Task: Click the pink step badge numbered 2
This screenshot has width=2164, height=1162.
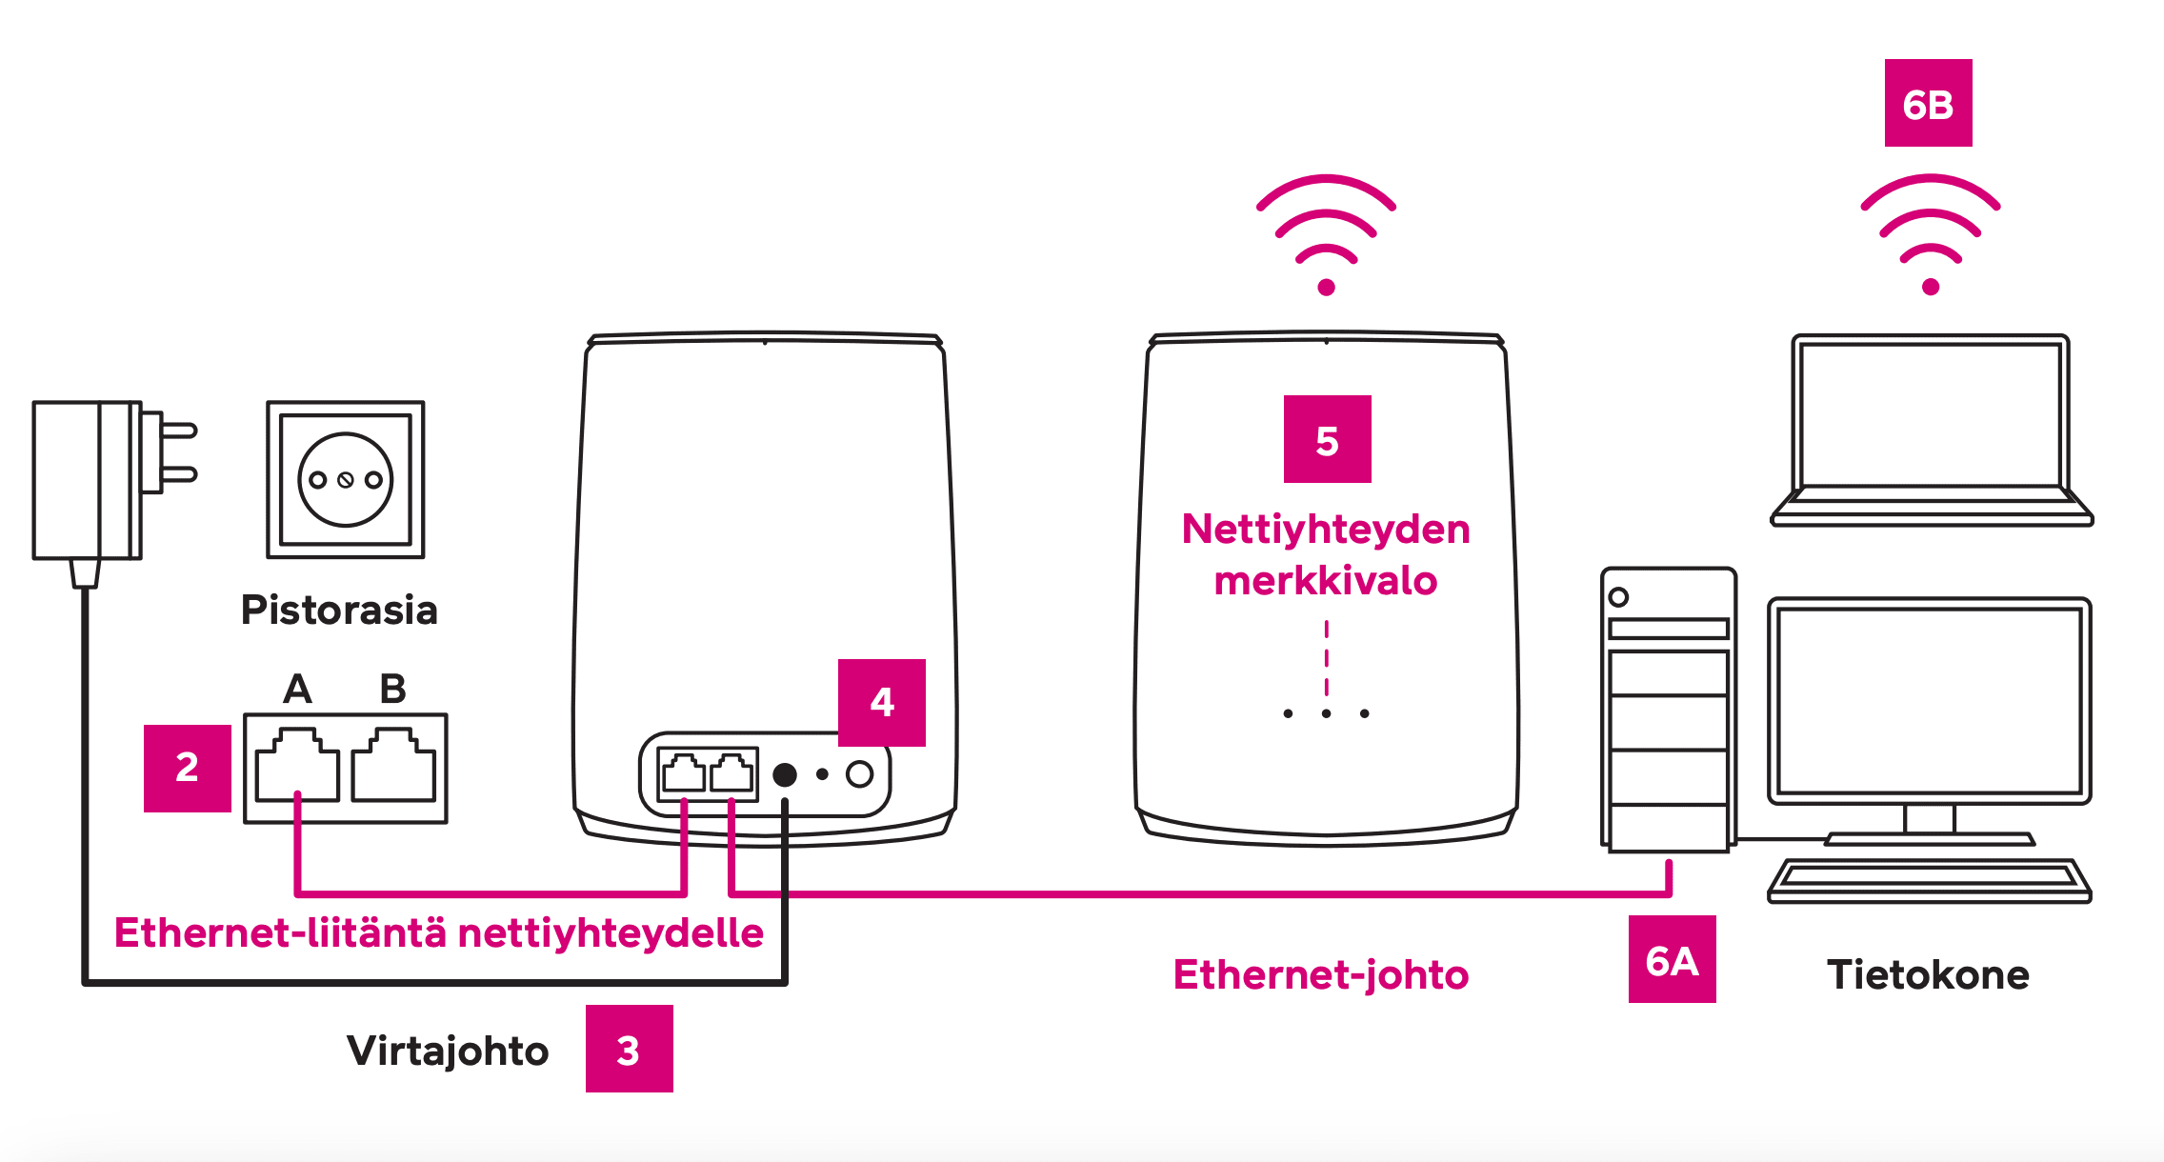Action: click(x=188, y=768)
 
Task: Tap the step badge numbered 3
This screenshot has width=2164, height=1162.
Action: click(x=629, y=1049)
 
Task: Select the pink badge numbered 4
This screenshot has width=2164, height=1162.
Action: click(x=882, y=703)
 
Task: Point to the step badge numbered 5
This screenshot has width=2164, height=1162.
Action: click(x=1327, y=439)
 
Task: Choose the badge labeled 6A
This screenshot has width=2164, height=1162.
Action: click(x=1672, y=959)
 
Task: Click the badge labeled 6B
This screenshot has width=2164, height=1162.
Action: click(x=1928, y=103)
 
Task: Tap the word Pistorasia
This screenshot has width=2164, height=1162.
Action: click(x=339, y=610)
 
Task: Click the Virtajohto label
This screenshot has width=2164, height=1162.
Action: click(x=448, y=1051)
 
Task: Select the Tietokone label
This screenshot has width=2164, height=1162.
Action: click(x=1928, y=974)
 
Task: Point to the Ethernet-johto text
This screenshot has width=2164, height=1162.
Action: click(x=1321, y=974)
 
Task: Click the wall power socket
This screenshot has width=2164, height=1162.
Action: click(x=345, y=479)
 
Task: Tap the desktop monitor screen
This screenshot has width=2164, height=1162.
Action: click(x=1929, y=700)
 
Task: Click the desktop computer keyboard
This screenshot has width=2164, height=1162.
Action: click(x=1929, y=879)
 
